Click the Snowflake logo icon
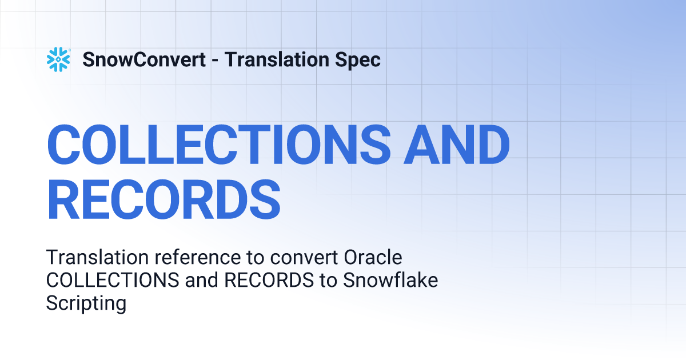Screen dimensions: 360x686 pos(58,59)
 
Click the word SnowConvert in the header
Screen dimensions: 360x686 pos(144,59)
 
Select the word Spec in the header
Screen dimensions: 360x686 pos(361,59)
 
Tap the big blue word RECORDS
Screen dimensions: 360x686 pos(163,199)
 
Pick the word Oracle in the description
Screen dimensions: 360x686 pos(373,257)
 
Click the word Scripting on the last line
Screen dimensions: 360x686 pos(86,303)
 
